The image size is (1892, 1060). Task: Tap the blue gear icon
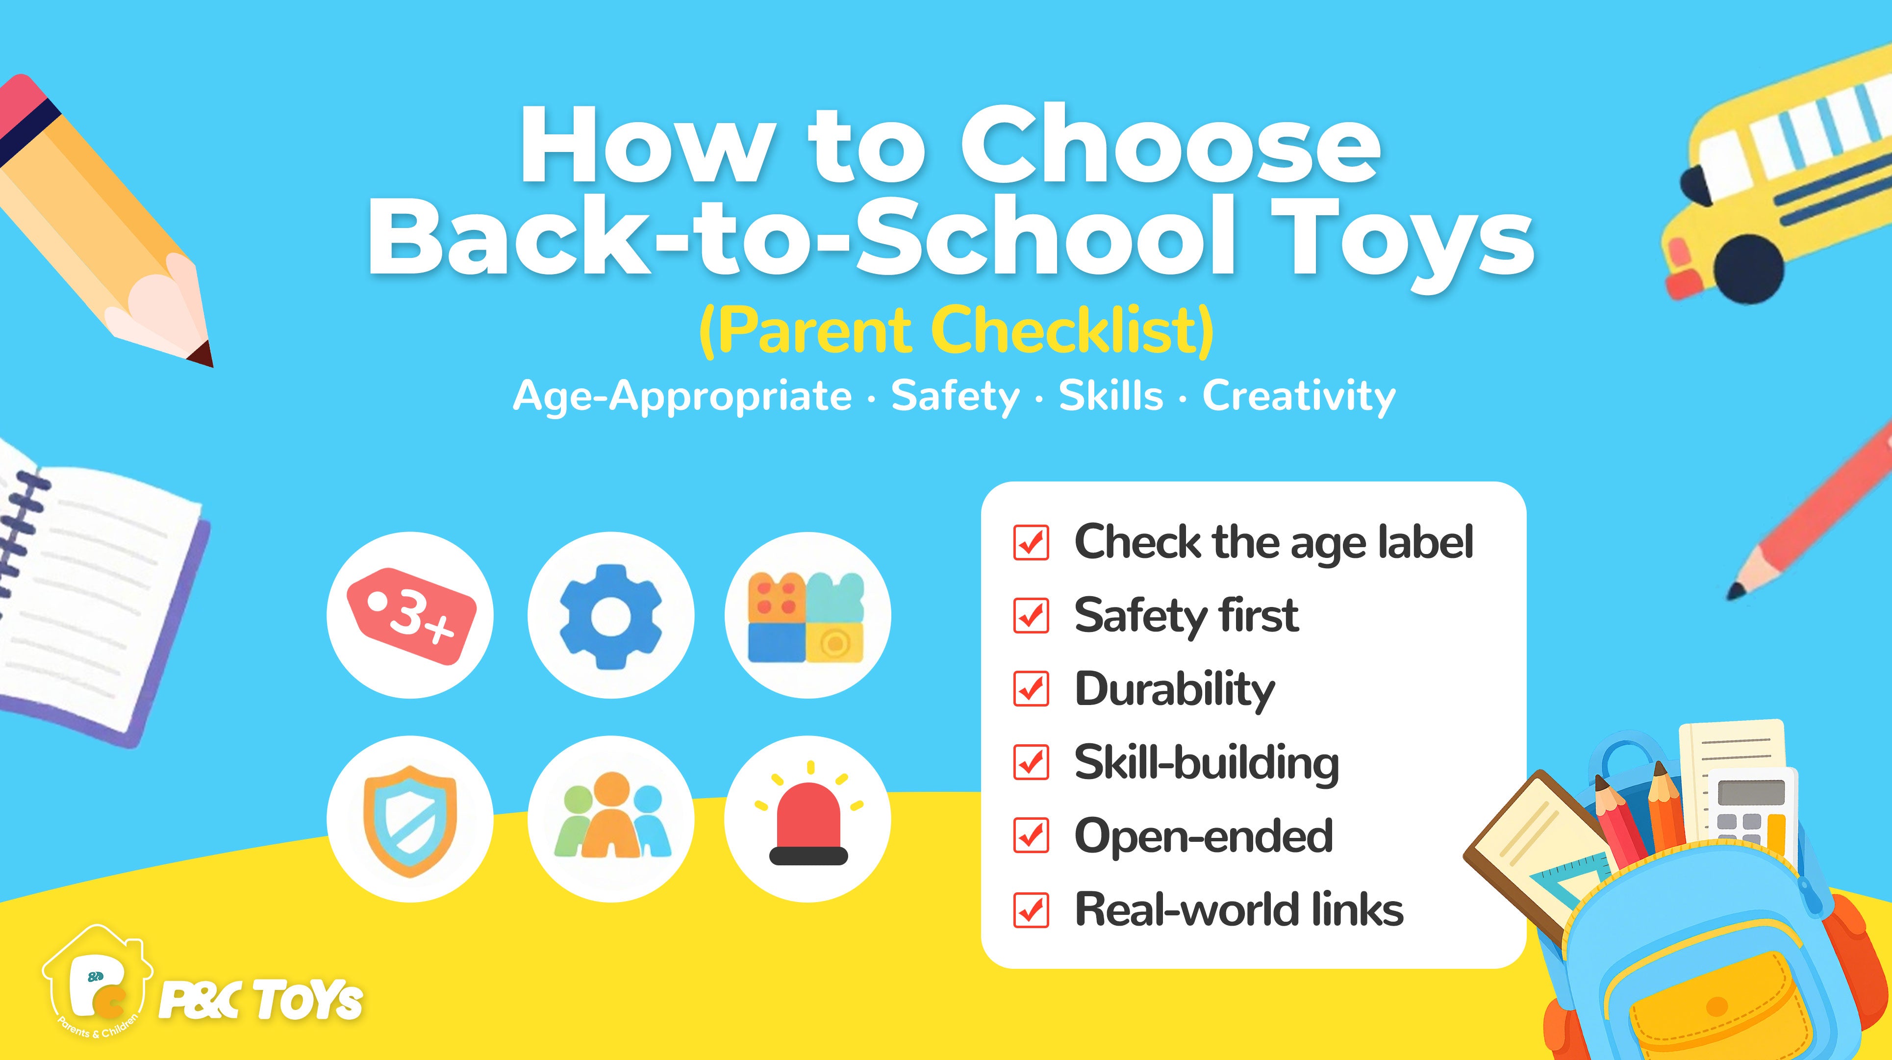pyautogui.click(x=610, y=616)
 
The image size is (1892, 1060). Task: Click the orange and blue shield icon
pyautogui.click(x=410, y=820)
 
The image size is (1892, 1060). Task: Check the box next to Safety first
pyautogui.click(x=1031, y=616)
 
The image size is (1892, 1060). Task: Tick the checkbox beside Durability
pyautogui.click(x=1031, y=689)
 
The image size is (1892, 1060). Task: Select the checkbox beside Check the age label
pyautogui.click(x=1031, y=542)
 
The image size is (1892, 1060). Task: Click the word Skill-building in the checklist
pyautogui.click(x=1207, y=764)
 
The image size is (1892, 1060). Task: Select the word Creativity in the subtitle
pyautogui.click(x=1299, y=397)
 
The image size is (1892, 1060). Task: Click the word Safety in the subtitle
pyautogui.click(x=955, y=397)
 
